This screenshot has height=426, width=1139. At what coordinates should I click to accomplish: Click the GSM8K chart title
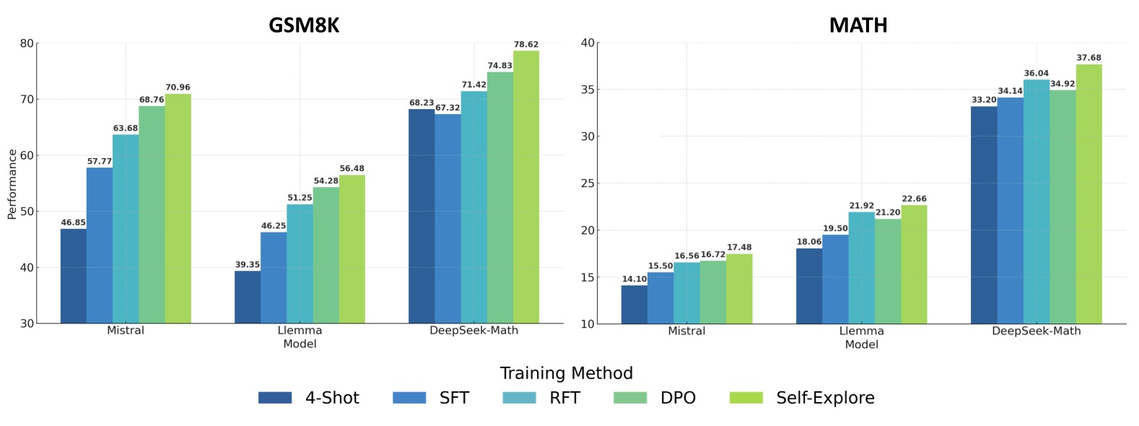click(304, 25)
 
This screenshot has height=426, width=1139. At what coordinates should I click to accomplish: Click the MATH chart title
click(858, 25)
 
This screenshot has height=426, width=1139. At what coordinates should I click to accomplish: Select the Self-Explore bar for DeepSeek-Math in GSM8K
click(526, 187)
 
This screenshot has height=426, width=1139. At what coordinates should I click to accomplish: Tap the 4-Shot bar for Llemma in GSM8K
click(248, 297)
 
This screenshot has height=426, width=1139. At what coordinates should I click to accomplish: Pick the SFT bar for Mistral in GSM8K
click(100, 245)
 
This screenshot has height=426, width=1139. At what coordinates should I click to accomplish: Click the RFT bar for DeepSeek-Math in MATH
click(1037, 201)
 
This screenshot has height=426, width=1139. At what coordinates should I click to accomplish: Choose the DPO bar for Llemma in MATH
click(888, 271)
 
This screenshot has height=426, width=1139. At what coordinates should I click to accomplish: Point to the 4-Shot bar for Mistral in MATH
click(634, 304)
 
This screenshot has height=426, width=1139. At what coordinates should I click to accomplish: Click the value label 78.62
click(526, 45)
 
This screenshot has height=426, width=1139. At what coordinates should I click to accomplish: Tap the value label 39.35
click(248, 265)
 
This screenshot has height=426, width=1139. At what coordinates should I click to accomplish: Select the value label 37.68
click(1088, 58)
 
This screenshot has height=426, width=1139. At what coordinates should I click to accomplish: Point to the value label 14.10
click(634, 279)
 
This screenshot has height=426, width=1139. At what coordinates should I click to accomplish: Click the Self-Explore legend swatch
click(746, 398)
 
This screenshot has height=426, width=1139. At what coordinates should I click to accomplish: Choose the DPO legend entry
click(678, 398)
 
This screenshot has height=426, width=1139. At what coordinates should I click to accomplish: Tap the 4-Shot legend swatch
click(275, 398)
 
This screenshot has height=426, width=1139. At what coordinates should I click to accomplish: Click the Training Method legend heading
click(567, 373)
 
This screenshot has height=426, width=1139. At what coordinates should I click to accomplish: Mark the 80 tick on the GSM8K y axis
click(27, 43)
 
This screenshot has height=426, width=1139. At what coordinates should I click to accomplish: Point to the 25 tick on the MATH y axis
click(588, 183)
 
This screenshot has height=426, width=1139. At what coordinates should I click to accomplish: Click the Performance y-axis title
click(12, 184)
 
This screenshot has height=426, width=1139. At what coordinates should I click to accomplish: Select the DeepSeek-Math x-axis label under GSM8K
click(474, 331)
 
